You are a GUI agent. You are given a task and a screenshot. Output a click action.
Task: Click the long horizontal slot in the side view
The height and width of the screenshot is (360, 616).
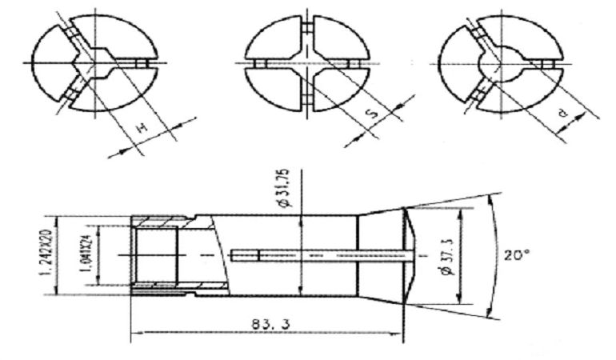tap(320, 256)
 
